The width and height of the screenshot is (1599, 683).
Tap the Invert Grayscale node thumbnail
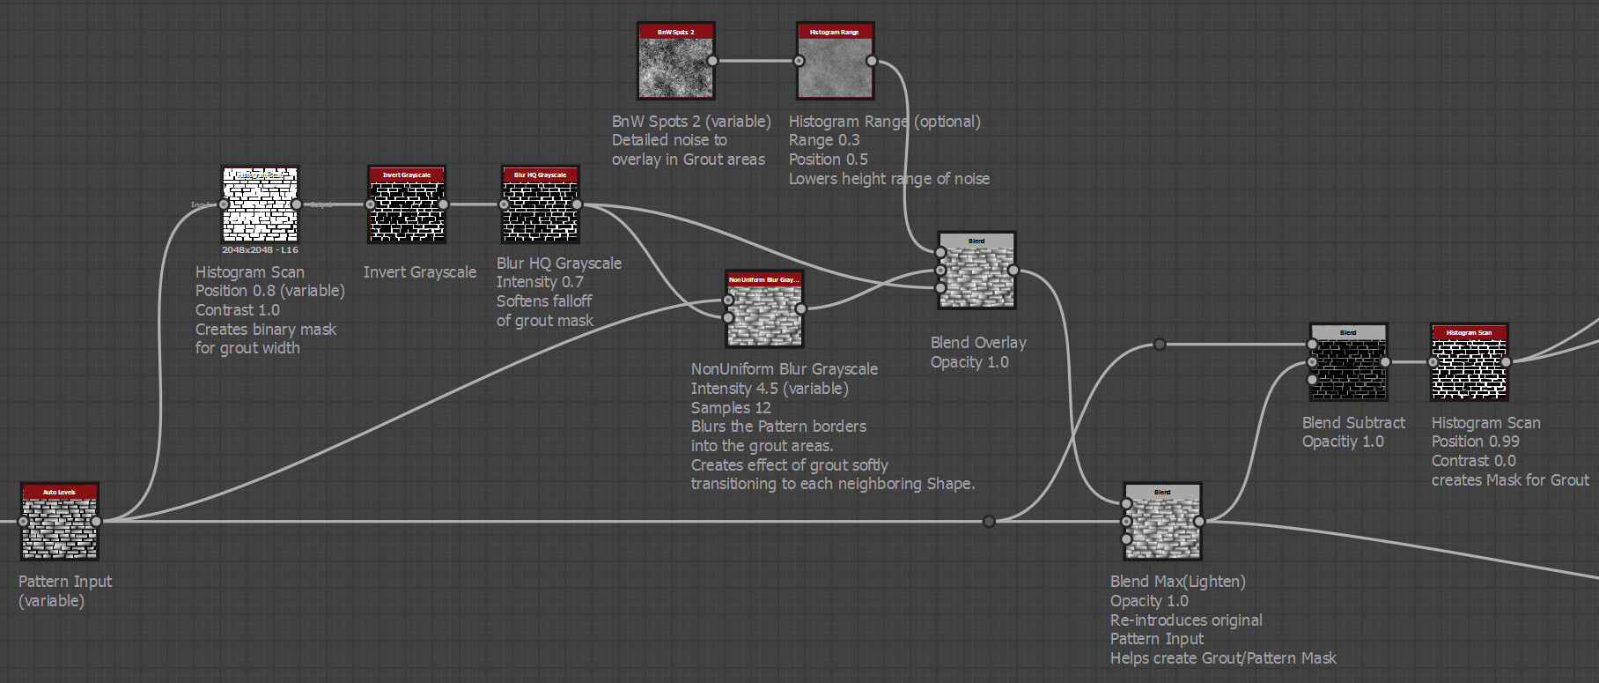tap(406, 210)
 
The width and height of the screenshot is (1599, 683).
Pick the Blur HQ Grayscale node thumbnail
tap(540, 210)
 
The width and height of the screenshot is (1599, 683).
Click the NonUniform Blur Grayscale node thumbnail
tap(763, 315)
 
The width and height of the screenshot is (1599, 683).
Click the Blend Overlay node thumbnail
tap(976, 276)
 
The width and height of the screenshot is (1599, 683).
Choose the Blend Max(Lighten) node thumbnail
tap(1162, 527)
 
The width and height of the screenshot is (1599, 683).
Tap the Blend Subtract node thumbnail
tap(1348, 367)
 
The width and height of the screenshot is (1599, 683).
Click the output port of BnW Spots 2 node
tap(712, 61)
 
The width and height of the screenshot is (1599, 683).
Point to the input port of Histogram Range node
tap(799, 61)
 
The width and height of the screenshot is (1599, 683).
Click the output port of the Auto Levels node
tap(96, 522)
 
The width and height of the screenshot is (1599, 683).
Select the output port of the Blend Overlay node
tap(1013, 271)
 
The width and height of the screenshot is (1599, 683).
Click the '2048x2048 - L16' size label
tap(260, 250)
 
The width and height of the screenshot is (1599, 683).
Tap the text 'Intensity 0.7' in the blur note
tap(539, 282)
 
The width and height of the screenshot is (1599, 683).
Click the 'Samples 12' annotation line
tap(730, 408)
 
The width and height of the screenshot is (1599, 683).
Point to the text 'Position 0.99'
tap(1475, 442)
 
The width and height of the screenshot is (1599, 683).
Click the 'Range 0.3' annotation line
tap(823, 140)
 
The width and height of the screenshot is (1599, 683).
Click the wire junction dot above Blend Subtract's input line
tap(1160, 345)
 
